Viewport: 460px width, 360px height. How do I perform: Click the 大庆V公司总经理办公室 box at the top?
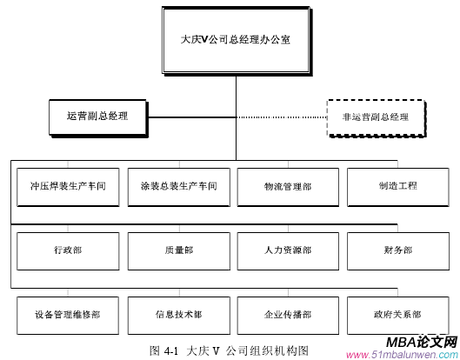click(237, 41)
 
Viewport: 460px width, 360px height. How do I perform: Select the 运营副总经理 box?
click(98, 118)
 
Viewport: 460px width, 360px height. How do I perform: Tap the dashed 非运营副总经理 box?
click(377, 118)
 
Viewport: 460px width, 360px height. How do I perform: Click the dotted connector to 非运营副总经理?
click(282, 117)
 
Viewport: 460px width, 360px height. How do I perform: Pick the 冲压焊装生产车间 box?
click(68, 187)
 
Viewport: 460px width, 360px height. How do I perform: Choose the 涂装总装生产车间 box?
click(179, 187)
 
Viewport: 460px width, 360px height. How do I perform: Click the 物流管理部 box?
click(288, 187)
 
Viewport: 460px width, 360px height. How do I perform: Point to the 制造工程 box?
click(398, 187)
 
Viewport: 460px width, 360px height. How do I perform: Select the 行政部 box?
click(68, 251)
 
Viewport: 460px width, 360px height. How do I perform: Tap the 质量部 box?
click(179, 251)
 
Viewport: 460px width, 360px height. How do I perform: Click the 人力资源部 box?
click(288, 251)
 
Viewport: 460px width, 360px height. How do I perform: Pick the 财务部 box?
click(398, 251)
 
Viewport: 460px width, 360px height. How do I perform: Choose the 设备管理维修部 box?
click(68, 316)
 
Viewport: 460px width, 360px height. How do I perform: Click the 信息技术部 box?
click(179, 316)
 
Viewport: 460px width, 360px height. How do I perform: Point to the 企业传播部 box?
click(288, 316)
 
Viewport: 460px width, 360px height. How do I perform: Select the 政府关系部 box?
click(398, 316)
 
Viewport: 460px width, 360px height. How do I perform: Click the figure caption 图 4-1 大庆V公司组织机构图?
click(229, 350)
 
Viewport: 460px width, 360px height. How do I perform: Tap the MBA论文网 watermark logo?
click(422, 342)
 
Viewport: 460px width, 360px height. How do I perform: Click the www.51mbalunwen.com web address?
click(403, 355)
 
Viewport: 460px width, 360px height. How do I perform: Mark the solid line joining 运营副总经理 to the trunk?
click(192, 117)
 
